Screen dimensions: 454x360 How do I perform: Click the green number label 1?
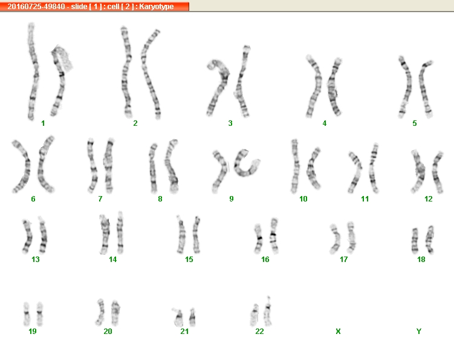43,123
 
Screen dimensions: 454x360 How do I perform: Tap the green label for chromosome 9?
232,199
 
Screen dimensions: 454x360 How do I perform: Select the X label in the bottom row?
338,332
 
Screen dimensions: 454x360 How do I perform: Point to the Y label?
419,332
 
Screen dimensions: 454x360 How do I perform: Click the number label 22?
259,332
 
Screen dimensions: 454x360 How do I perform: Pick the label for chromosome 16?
265,259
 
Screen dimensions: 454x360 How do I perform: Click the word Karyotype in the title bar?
157,7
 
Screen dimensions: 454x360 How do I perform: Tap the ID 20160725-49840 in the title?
36,7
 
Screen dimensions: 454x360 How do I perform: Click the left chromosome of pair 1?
33,71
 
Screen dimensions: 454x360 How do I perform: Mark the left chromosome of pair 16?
259,239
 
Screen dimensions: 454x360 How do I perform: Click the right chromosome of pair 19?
40,313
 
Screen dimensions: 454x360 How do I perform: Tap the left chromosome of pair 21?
178,318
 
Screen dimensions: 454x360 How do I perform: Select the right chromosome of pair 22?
268,312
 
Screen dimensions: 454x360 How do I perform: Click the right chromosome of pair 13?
43,235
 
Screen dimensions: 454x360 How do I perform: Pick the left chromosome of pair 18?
415,241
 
